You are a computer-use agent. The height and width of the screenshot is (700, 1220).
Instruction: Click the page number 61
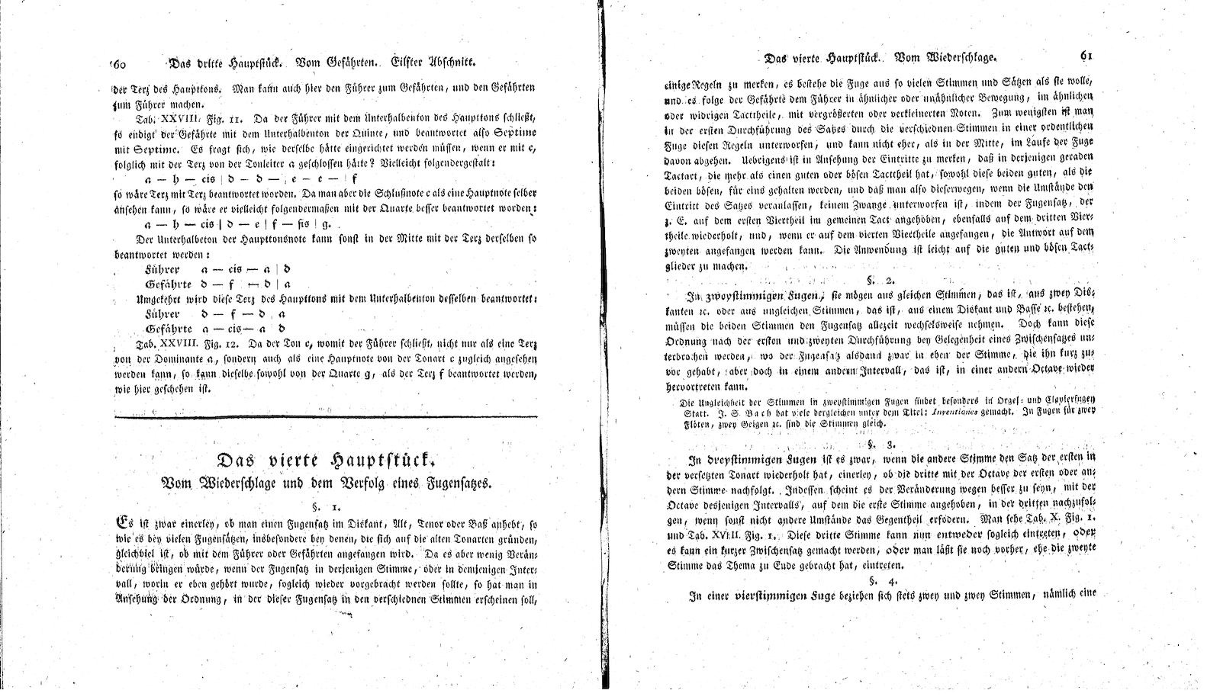[x=1087, y=56]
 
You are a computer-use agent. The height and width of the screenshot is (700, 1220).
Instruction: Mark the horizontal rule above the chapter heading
[x=326, y=416]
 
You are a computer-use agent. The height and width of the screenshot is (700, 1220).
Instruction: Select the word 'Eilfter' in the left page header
[x=413, y=64]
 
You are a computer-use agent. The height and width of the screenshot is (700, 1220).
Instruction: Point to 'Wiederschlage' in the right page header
[x=961, y=57]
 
